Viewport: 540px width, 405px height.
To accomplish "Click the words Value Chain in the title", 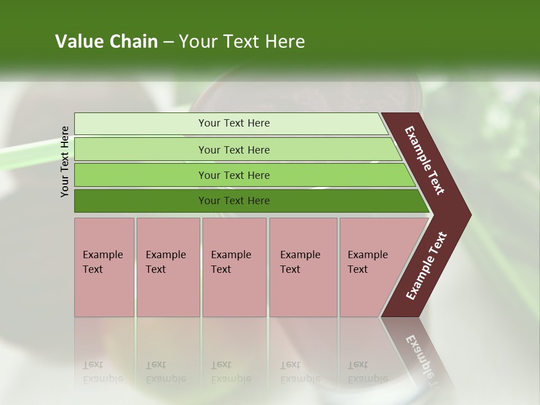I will point(106,42).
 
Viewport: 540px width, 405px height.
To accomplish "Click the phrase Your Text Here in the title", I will point(242,42).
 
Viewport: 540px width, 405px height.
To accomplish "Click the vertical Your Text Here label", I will point(65,161).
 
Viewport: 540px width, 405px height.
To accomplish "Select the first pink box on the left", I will point(104,267).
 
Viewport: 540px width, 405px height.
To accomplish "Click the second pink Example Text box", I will point(168,267).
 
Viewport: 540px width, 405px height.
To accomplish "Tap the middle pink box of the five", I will point(234,267).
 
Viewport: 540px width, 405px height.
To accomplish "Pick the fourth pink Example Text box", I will point(303,267).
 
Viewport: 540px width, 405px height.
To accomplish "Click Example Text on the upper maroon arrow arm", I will point(425,160).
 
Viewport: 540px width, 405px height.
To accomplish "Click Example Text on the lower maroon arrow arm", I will point(426,266).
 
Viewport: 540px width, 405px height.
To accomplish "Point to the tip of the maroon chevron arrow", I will point(469,215).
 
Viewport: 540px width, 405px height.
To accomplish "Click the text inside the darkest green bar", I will point(234,201).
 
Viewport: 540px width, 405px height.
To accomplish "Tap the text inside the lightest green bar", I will point(234,123).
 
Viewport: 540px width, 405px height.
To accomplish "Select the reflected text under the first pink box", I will point(103,372).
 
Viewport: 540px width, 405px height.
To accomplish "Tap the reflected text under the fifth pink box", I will point(367,372).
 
